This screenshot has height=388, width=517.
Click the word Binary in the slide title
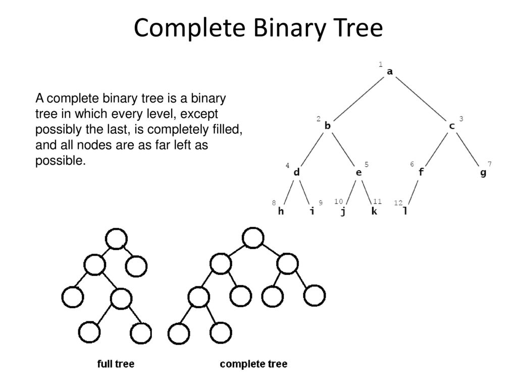[x=290, y=29]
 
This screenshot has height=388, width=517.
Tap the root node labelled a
[x=390, y=72]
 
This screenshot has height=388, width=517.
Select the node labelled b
[x=327, y=125]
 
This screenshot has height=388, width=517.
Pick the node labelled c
[x=452, y=126]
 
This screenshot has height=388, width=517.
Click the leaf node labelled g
[x=483, y=173]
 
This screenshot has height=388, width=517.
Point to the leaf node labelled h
[x=281, y=211]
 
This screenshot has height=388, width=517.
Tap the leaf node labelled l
[x=405, y=211]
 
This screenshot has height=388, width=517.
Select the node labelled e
[x=359, y=173]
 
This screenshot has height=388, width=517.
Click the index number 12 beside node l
[x=398, y=203]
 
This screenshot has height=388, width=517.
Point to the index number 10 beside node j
[x=339, y=201]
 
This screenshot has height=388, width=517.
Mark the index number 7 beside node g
[x=490, y=164]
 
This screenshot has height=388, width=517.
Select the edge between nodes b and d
[x=312, y=149]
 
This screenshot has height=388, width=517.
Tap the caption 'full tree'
[x=116, y=364]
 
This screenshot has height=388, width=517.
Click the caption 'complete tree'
[x=253, y=364]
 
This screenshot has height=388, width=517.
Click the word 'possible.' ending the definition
[x=61, y=161]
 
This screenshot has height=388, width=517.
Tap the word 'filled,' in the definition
[x=228, y=129]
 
